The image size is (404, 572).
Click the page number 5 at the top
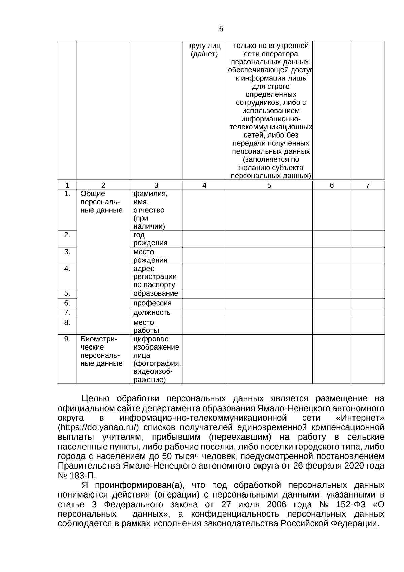[x=221, y=29]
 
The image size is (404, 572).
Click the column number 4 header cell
[x=204, y=185]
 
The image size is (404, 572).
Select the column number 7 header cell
[x=368, y=185]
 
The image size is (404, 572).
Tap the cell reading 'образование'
[x=156, y=293]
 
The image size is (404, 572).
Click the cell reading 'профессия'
[x=152, y=303]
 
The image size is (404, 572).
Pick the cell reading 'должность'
[x=151, y=313]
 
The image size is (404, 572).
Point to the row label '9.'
[x=67, y=339]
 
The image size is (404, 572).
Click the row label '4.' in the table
[x=67, y=269]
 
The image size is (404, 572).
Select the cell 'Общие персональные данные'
[x=101, y=202]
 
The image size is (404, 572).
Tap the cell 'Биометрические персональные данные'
[x=101, y=351]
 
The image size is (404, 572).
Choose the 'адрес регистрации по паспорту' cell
[x=155, y=277]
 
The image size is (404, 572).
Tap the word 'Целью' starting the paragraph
[x=96, y=399]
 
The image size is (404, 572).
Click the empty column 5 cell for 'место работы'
[x=269, y=326]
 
